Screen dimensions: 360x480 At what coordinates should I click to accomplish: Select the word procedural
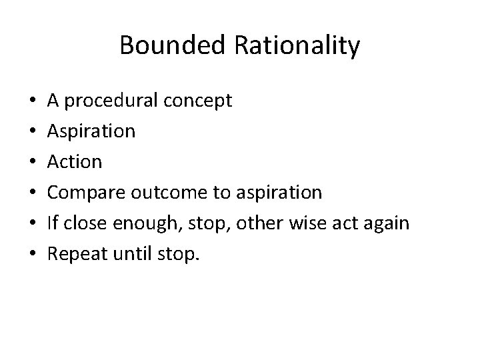(x=111, y=101)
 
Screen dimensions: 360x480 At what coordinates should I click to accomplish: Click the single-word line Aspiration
(x=91, y=131)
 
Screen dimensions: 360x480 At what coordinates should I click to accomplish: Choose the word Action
(x=74, y=162)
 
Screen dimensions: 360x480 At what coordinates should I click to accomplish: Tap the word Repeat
(x=76, y=254)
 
